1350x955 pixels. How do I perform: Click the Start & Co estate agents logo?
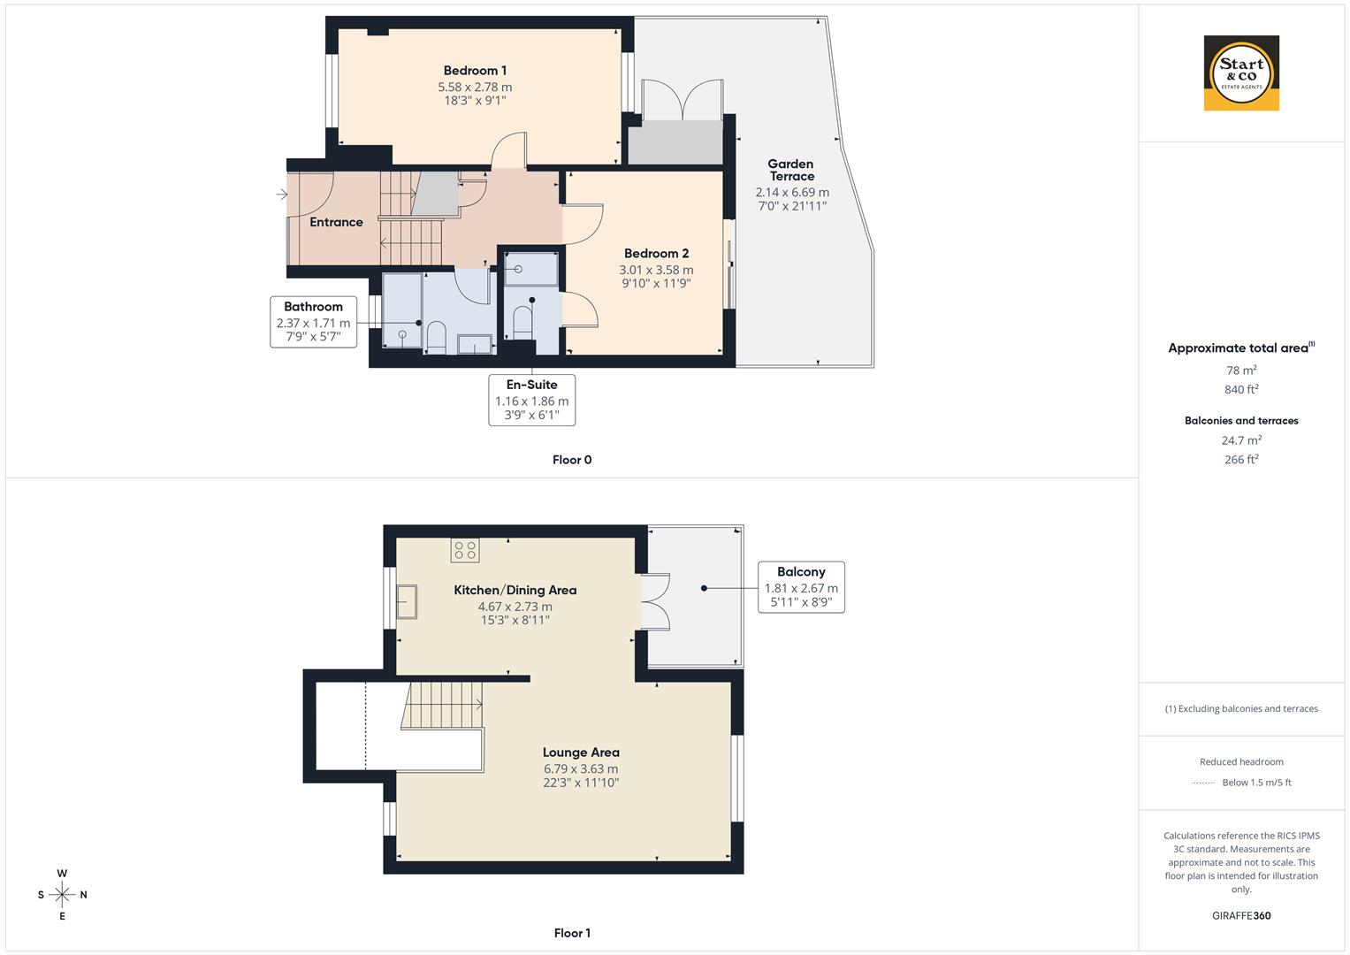(1241, 73)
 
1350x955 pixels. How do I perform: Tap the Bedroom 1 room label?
(475, 71)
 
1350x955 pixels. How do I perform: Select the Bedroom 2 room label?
(656, 254)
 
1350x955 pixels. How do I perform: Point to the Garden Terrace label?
(791, 170)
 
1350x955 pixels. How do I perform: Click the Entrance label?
(336, 222)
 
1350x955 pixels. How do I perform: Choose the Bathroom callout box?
(313, 322)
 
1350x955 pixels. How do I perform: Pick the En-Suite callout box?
(531, 400)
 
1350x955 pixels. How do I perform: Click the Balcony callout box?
(801, 587)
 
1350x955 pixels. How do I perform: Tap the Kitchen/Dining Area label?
(515, 590)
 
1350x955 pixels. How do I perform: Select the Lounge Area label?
(581, 753)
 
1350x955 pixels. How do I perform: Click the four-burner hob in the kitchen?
(465, 550)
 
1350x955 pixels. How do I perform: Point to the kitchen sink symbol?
(407, 601)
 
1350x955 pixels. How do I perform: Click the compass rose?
(62, 895)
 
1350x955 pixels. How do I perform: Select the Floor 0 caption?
(572, 460)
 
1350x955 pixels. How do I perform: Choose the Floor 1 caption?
(572, 933)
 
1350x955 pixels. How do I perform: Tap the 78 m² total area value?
(1241, 371)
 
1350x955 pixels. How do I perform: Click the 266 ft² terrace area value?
(1241, 460)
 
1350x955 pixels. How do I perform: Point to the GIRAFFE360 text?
(1241, 916)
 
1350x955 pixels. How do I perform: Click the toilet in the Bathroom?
(436, 337)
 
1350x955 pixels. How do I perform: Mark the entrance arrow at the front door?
(282, 195)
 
